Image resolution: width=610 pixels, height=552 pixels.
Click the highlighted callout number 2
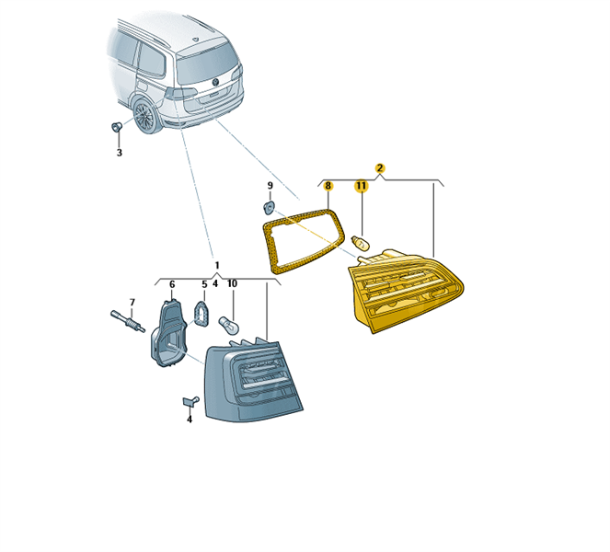(380, 168)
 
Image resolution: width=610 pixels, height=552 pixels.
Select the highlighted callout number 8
(328, 186)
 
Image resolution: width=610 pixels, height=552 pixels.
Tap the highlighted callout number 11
(361, 186)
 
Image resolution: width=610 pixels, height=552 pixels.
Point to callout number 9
(270, 186)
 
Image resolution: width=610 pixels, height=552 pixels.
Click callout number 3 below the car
(119, 153)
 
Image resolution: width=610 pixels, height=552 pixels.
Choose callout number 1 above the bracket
(217, 265)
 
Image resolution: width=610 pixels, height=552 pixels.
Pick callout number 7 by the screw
(132, 302)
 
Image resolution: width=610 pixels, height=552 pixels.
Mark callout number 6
(171, 284)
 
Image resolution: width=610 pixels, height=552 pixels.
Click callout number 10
(232, 284)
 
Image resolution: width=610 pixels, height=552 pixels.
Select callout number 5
(204, 284)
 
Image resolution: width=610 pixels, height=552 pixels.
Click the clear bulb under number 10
(232, 326)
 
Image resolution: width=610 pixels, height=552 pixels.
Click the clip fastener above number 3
(116, 126)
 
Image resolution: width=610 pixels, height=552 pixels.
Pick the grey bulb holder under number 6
(167, 336)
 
